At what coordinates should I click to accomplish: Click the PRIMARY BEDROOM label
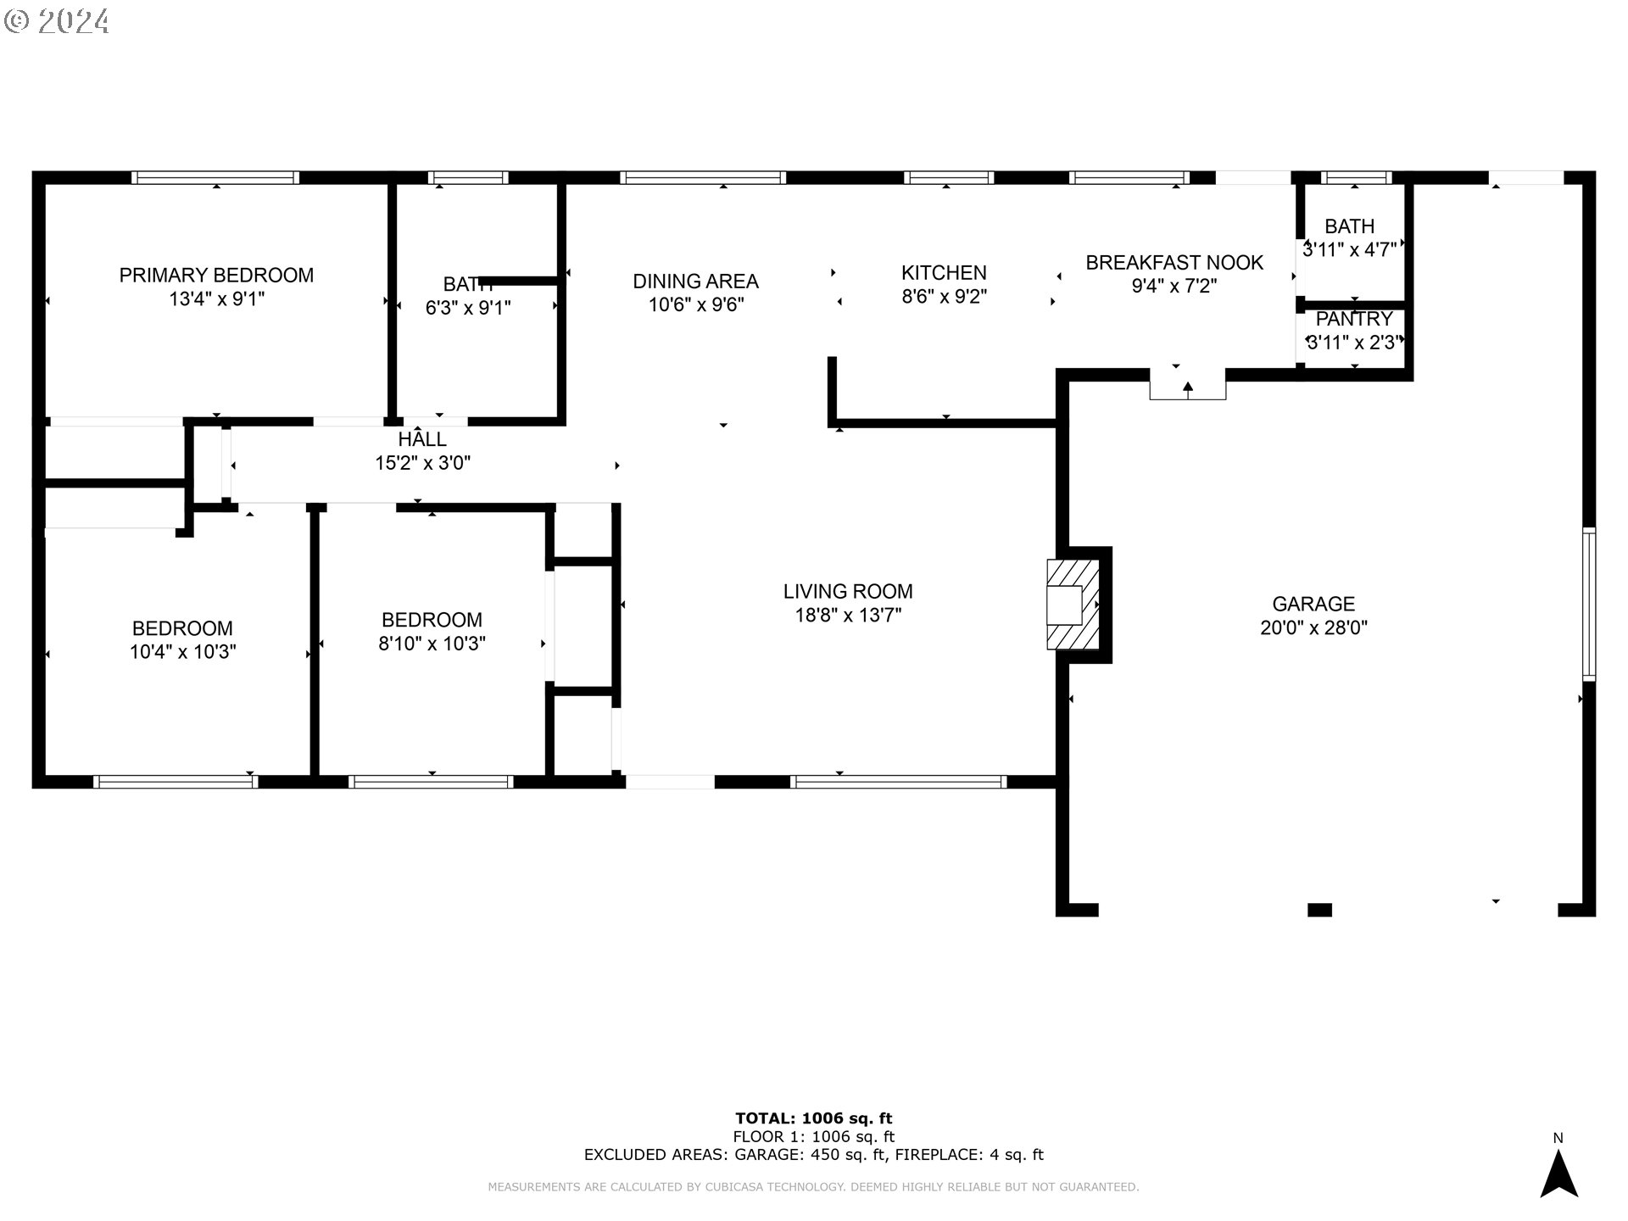216,275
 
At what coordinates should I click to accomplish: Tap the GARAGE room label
1313,604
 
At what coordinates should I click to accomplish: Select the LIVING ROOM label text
848,591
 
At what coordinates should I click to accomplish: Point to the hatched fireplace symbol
1073,605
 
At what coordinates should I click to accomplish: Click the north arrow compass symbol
1558,1174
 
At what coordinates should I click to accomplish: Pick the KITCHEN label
944,272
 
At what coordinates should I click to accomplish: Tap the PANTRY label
1354,319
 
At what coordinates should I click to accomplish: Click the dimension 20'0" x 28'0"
1313,627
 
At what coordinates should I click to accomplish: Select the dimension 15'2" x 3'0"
422,463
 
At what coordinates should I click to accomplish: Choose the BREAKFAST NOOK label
1174,262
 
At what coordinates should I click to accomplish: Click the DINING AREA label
695,281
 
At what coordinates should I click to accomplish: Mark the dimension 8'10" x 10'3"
432,644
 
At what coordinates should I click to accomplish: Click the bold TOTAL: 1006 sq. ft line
813,1118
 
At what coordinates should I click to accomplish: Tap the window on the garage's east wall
1589,604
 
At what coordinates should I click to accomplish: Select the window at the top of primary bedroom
215,177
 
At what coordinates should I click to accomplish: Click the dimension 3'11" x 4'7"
1349,249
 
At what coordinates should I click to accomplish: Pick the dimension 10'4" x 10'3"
182,652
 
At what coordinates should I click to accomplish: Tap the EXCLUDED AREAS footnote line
813,1155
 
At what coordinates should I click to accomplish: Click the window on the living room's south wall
899,782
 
